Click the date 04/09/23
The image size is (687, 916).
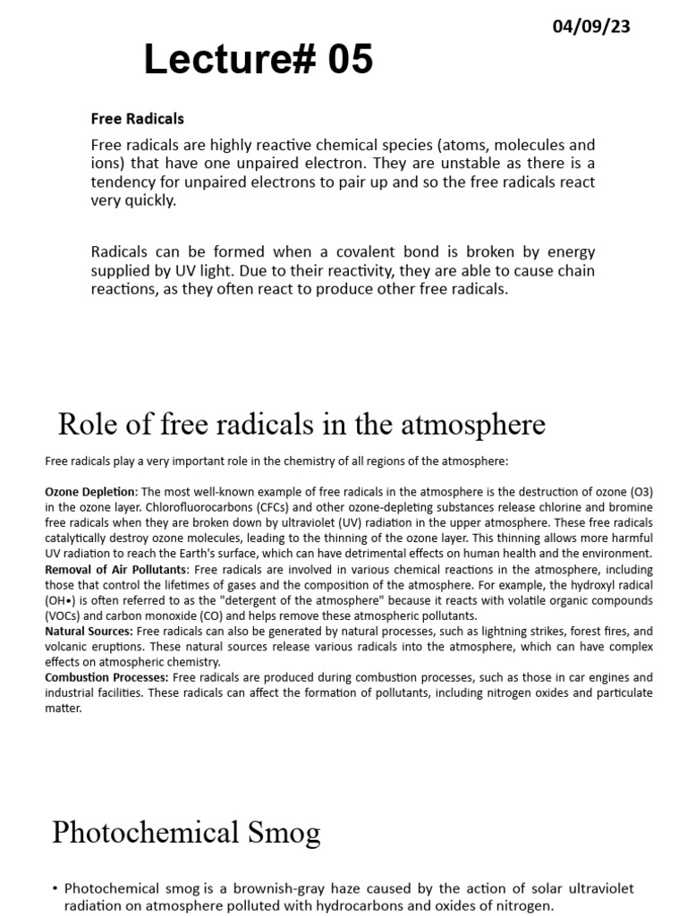coord(592,27)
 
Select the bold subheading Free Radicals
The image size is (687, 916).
coord(137,118)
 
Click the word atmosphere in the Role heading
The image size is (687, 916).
coord(472,424)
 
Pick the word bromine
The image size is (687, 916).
coord(630,506)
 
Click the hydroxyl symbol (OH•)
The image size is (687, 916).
coord(62,601)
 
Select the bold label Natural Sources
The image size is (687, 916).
coord(89,632)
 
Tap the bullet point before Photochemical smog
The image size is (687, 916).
coord(55,888)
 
